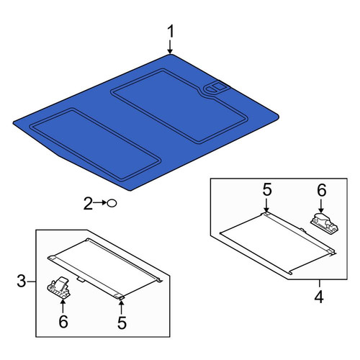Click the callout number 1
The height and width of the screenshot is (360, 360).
(170, 32)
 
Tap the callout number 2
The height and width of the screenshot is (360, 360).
(88, 204)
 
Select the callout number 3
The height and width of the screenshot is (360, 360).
(21, 281)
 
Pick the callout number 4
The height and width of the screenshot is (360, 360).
(319, 297)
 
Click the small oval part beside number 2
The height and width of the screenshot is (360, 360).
(112, 204)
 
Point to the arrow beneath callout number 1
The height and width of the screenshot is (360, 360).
(170, 47)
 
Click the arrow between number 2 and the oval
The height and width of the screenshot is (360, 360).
(100, 203)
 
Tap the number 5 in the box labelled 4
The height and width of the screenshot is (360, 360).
(267, 189)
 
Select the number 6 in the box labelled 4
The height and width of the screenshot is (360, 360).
(322, 190)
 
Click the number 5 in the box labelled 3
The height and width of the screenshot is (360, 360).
(122, 323)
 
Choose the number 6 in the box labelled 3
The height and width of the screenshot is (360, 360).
(63, 322)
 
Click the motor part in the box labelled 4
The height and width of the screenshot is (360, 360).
(325, 222)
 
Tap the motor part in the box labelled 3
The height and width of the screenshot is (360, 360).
(58, 287)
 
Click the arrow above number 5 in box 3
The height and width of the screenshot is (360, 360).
(122, 307)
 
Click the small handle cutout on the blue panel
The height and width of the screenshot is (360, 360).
(216, 87)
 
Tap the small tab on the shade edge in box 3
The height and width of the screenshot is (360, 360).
(81, 279)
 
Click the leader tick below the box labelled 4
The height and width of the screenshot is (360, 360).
(319, 284)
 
